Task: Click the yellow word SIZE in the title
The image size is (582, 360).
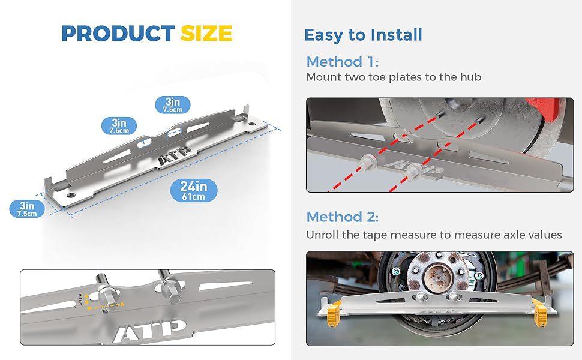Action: pyautogui.click(x=206, y=34)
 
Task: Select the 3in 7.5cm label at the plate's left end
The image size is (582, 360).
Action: pyautogui.click(x=26, y=209)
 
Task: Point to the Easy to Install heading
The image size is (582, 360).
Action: pyautogui.click(x=363, y=35)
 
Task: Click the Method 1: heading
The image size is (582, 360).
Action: pyautogui.click(x=343, y=61)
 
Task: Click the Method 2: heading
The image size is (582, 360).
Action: pyautogui.click(x=343, y=217)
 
